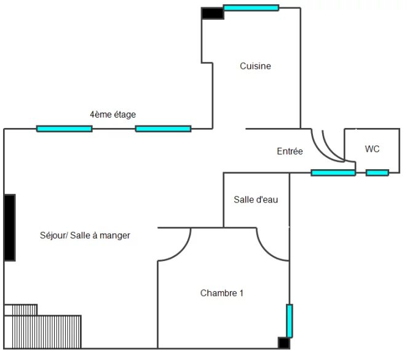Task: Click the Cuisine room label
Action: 255,66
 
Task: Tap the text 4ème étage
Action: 113,114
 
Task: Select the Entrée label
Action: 290,151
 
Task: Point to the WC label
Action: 372,149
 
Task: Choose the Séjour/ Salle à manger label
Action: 85,235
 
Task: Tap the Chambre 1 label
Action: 222,293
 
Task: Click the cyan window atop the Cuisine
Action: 251,8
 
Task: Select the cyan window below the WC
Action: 377,173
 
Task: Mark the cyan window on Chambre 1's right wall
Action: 290,321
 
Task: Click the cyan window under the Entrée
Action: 333,173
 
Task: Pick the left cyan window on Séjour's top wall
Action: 64,129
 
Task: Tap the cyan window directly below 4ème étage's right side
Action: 163,129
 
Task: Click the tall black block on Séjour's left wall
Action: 9,227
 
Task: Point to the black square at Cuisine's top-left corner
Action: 212,13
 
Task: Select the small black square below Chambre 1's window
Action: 283,343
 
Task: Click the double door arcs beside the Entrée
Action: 331,146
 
